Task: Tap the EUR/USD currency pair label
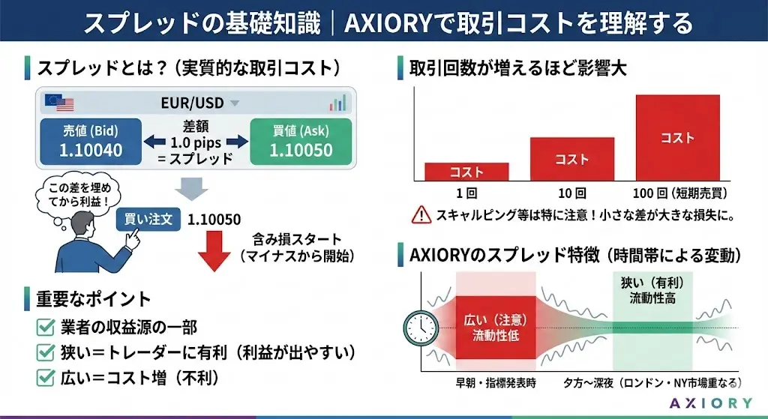(x=192, y=102)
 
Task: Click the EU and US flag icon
(x=55, y=102)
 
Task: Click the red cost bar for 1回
(x=466, y=172)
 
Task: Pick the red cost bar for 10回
(x=571, y=159)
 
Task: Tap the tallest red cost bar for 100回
(x=677, y=138)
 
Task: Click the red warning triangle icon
(x=421, y=216)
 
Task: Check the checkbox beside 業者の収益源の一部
(x=45, y=328)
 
